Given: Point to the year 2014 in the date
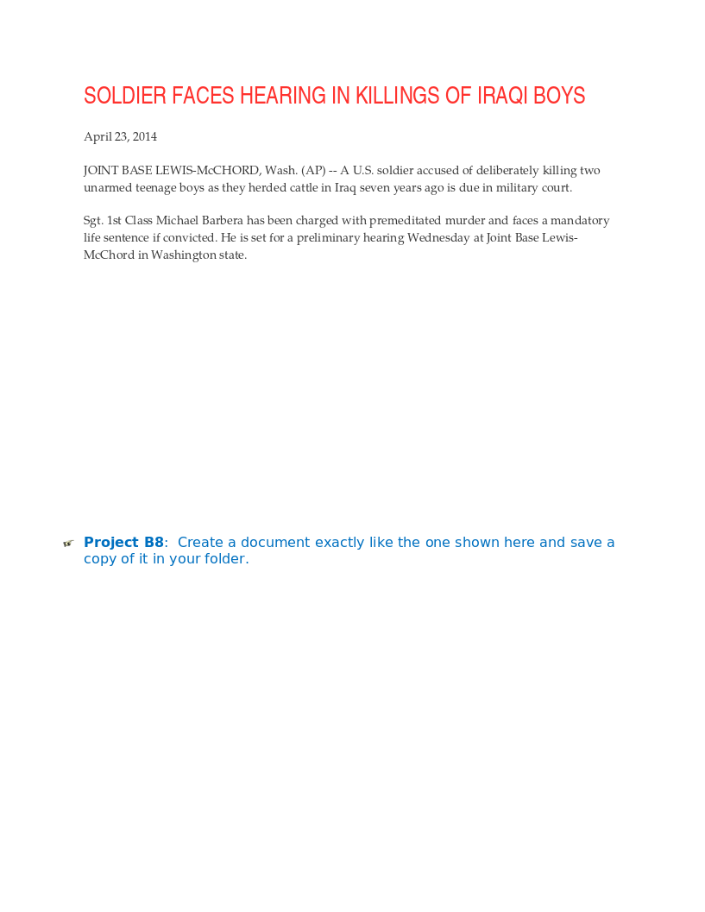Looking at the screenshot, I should click(x=145, y=136).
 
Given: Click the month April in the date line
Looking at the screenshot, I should click(x=97, y=136).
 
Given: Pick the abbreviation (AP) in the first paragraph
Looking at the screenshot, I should click(x=313, y=171).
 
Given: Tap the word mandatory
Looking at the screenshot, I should click(x=580, y=221).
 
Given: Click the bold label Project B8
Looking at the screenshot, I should click(x=123, y=543).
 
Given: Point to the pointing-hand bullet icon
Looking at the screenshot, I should click(x=68, y=544).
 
